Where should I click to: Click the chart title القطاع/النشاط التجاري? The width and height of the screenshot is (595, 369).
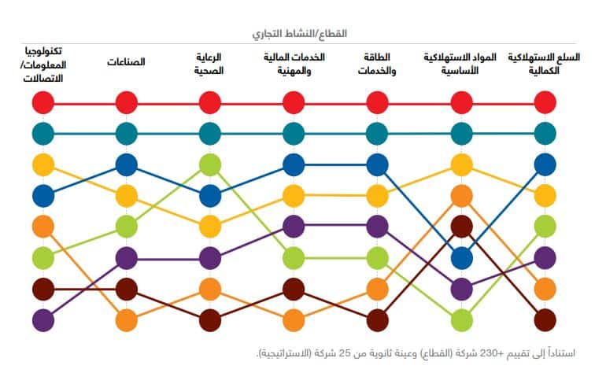(300, 34)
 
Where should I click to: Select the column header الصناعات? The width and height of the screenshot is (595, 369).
(126, 62)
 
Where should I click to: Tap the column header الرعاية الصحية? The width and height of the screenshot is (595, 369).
(209, 63)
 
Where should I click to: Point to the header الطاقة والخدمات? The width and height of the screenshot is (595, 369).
(378, 63)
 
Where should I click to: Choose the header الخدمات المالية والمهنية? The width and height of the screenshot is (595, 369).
(294, 63)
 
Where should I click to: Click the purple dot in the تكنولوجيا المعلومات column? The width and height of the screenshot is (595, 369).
(43, 320)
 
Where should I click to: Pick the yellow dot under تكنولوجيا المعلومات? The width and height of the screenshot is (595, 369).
(43, 164)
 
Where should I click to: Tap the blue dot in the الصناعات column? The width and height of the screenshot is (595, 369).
(126, 164)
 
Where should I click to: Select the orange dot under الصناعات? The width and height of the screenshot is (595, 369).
(126, 320)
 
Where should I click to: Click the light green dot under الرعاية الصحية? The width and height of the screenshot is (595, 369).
(209, 164)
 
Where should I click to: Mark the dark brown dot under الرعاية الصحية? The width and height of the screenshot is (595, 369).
(209, 320)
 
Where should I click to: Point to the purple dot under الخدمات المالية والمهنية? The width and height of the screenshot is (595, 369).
(294, 227)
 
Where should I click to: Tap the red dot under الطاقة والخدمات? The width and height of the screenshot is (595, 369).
(378, 103)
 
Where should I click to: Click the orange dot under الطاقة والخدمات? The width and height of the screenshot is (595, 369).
(378, 289)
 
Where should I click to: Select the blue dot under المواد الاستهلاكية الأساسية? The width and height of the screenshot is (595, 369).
(461, 257)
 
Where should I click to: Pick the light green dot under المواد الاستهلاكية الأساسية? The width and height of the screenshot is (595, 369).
(461, 320)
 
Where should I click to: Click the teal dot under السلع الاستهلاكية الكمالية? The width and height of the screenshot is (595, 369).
(545, 134)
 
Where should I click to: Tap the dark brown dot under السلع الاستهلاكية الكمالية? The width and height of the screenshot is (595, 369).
(545, 320)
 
